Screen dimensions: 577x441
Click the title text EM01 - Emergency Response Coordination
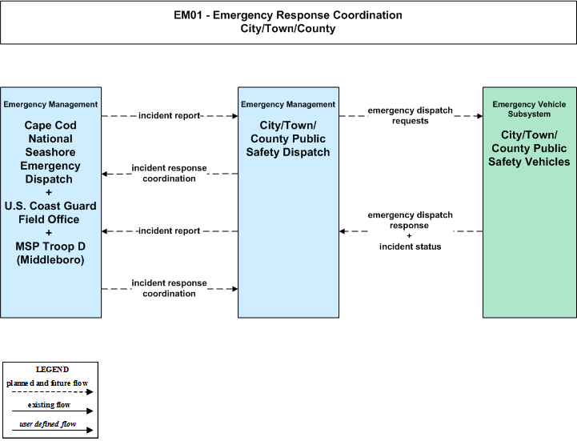(x=288, y=15)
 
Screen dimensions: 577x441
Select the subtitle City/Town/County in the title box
(x=288, y=29)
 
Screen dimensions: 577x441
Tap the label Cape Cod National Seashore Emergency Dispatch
(x=50, y=152)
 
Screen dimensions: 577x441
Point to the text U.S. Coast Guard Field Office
(x=50, y=212)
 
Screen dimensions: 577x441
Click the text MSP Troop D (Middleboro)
(x=50, y=253)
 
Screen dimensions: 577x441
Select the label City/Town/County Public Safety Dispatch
(x=288, y=138)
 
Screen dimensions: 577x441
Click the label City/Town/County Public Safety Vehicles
(x=529, y=148)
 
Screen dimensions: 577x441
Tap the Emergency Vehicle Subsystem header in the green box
(x=529, y=110)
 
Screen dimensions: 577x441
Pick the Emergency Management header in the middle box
(x=288, y=105)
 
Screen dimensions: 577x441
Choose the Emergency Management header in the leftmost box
(x=50, y=105)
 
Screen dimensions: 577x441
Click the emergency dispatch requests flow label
(x=410, y=115)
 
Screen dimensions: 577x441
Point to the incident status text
(x=410, y=247)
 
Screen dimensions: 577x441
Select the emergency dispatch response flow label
(x=410, y=220)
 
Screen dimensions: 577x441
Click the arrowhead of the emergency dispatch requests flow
(x=480, y=116)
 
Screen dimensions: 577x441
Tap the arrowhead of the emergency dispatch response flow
(x=343, y=231)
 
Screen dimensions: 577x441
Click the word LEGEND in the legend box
(x=52, y=370)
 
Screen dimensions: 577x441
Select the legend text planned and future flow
(x=47, y=383)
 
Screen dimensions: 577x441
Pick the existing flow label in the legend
(x=49, y=405)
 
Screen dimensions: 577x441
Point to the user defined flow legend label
(x=48, y=424)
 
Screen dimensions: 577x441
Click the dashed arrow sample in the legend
(x=53, y=392)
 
